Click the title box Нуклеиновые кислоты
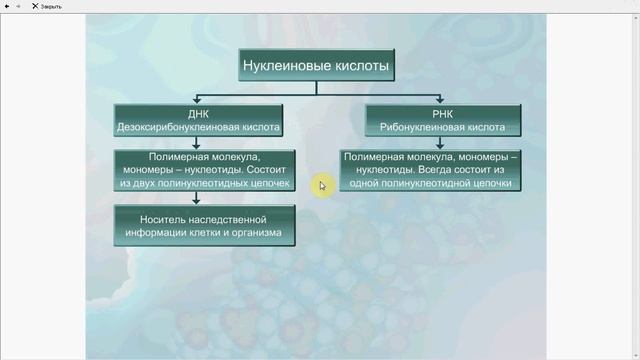pyautogui.click(x=316, y=67)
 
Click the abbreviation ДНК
pyautogui.click(x=205, y=114)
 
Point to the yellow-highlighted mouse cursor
pyautogui.click(x=322, y=185)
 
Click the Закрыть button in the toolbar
pyautogui.click(x=46, y=6)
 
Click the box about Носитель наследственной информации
pyautogui.click(x=205, y=225)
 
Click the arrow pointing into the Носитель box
pyautogui.click(x=204, y=200)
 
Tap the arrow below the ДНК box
pyautogui.click(x=204, y=143)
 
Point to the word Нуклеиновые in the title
pyautogui.click(x=287, y=67)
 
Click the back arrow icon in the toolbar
pyautogui.click(x=7, y=6)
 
